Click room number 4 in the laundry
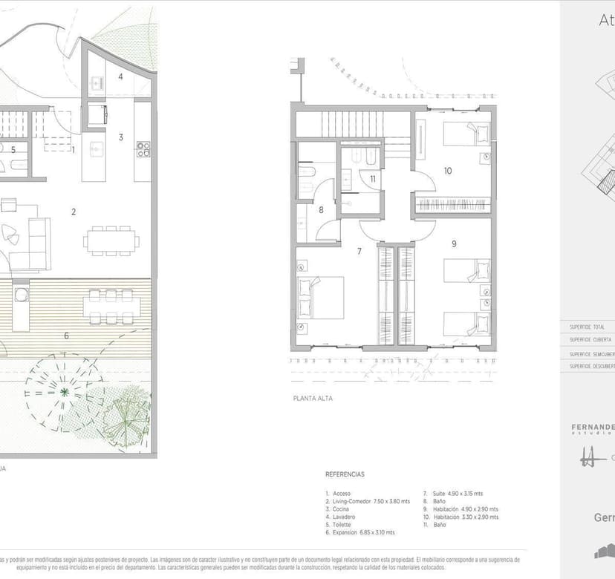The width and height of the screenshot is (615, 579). [120, 76]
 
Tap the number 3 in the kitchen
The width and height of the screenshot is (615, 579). [120, 137]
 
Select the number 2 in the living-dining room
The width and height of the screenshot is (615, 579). [74, 212]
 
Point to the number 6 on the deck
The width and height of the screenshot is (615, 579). [66, 336]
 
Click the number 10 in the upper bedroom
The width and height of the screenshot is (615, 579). [448, 171]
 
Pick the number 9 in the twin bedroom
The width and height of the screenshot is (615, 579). [453, 243]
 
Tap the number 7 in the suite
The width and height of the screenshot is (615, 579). [359, 252]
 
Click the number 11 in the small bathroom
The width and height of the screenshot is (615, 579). [373, 179]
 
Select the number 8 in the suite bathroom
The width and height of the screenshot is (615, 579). [321, 210]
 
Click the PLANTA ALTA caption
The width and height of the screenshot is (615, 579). [313, 399]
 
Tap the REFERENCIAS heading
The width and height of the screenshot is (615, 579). [345, 474]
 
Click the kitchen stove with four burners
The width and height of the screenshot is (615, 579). [143, 149]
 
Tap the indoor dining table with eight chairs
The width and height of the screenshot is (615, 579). [111, 241]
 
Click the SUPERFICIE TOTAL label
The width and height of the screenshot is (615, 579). [587, 327]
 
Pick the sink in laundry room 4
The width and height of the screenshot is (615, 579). [97, 82]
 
